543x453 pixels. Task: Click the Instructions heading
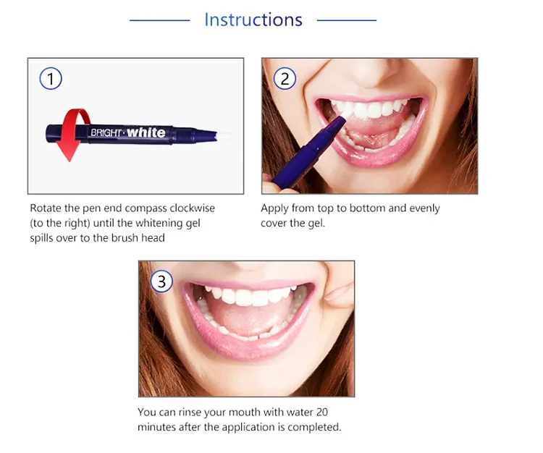click(x=253, y=20)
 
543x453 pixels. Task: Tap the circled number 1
click(x=51, y=79)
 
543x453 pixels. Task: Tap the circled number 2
click(x=285, y=79)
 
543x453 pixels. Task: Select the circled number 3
click(x=161, y=281)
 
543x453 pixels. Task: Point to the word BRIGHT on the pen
click(x=106, y=132)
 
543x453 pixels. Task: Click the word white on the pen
click(x=146, y=132)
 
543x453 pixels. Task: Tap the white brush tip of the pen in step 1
click(x=223, y=136)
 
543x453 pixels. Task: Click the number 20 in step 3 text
click(x=321, y=412)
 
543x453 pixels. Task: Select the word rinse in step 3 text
click(x=190, y=412)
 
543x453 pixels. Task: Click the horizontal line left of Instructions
click(x=160, y=20)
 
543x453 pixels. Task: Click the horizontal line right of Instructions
click(x=347, y=20)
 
